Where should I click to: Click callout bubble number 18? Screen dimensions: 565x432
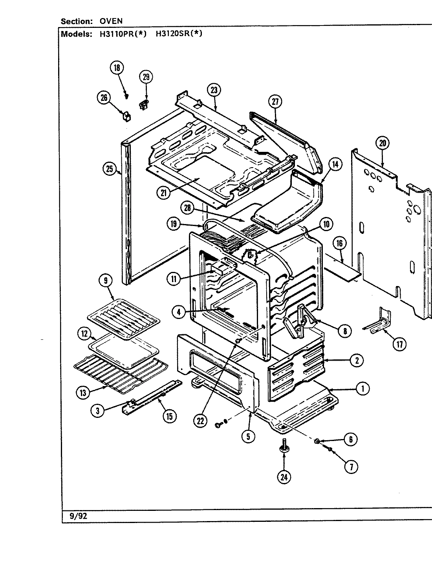117,68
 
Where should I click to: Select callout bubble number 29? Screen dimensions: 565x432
146,77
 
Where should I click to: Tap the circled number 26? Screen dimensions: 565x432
104,98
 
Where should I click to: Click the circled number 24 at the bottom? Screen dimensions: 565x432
284,477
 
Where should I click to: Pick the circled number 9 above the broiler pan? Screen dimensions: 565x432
106,281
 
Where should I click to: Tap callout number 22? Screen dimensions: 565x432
201,421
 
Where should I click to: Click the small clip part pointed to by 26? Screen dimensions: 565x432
126,116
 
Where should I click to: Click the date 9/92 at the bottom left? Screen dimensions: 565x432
78,516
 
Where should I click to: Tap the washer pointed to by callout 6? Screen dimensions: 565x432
317,442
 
